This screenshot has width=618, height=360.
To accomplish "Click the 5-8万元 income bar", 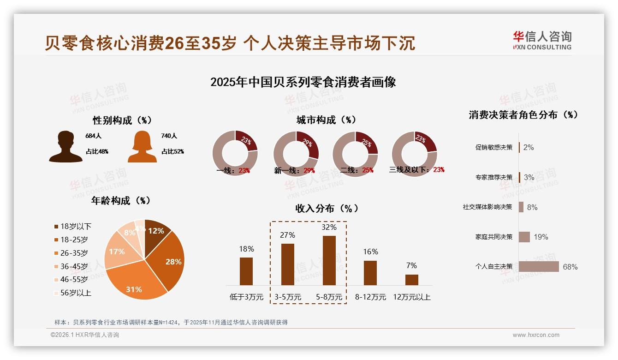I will click(329, 260).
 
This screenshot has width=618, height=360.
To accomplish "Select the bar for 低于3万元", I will click(246, 271).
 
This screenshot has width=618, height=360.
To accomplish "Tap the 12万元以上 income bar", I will click(412, 280).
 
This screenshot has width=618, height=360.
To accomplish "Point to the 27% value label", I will click(287, 235).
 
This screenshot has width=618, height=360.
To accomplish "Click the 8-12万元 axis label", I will click(370, 297).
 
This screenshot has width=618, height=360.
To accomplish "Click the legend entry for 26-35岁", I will click(74, 253).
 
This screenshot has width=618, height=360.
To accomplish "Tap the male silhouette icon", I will click(65, 147).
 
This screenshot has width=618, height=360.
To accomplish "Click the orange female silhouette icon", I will click(142, 147).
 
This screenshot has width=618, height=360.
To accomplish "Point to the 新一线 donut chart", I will click(296, 154).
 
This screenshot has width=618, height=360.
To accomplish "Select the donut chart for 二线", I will click(355, 154).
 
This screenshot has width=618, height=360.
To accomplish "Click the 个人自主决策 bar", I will click(539, 267).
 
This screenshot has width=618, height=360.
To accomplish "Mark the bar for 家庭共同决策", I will click(524, 237).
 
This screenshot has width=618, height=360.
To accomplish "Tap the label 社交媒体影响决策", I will click(487, 207).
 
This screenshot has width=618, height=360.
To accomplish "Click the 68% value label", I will click(570, 267).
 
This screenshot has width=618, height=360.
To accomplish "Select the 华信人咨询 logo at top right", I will click(542, 40).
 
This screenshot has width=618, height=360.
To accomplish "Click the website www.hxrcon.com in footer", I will click(536, 335).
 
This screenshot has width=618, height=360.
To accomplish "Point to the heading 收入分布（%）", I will click(327, 208).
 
